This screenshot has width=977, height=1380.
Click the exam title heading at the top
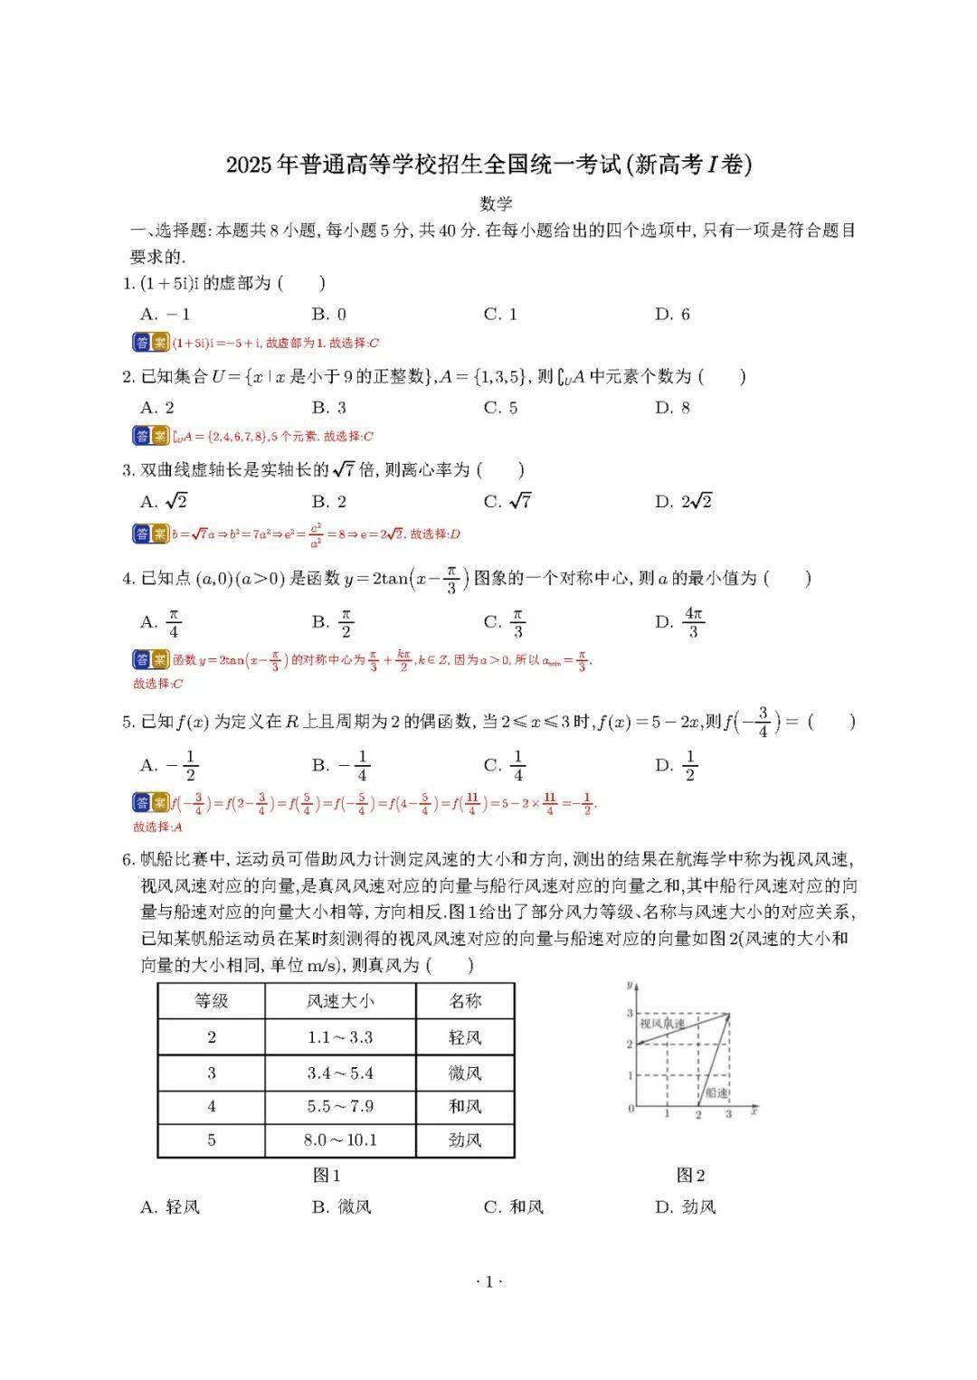(488, 165)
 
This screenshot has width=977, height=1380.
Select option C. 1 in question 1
(500, 314)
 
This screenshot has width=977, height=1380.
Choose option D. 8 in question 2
(672, 407)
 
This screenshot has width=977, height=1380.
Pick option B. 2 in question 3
(329, 501)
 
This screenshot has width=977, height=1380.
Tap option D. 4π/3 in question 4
(680, 622)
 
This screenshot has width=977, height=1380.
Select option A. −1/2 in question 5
(169, 766)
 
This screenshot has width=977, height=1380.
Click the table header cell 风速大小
(340, 1001)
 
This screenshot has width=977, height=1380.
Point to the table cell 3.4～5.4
(340, 1073)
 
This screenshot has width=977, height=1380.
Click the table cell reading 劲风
(465, 1139)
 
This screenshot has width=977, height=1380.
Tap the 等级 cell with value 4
(212, 1106)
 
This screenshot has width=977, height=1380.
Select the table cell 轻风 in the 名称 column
(465, 1037)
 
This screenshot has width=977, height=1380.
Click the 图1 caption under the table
(327, 1175)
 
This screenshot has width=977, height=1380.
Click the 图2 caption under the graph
(690, 1175)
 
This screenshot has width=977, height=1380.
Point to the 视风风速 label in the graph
(662, 1024)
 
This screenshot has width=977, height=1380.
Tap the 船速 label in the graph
(716, 1092)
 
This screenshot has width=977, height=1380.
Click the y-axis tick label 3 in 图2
(630, 1014)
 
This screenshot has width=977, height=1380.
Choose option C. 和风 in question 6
(514, 1206)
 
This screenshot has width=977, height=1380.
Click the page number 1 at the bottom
(488, 1281)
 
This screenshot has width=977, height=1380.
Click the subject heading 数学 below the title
(497, 203)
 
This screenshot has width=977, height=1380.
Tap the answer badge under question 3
(151, 534)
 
